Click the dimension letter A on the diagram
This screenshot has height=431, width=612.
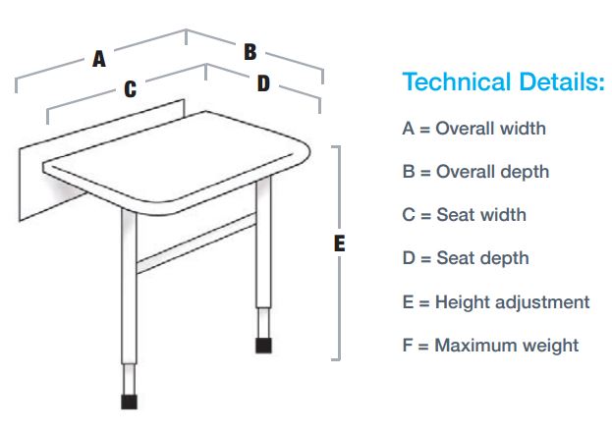(x=99, y=59)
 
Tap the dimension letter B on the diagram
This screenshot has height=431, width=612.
(x=250, y=51)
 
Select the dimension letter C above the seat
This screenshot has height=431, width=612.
(x=130, y=90)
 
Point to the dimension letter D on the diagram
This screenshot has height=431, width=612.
(x=263, y=84)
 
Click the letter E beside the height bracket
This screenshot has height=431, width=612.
(x=340, y=243)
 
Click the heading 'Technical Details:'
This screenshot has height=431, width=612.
(x=503, y=82)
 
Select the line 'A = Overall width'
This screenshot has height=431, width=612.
(x=473, y=129)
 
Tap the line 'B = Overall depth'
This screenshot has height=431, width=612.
(x=475, y=172)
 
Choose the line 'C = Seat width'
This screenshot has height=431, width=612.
(x=464, y=215)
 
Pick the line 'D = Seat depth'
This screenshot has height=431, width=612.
(x=466, y=258)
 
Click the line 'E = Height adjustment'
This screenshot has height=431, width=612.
(x=495, y=301)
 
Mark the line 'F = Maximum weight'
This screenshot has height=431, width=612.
(x=489, y=345)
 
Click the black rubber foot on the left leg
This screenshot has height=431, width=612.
(x=128, y=401)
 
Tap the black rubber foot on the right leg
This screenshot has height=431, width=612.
(x=263, y=346)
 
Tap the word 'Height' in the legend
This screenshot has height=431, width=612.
(x=461, y=301)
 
